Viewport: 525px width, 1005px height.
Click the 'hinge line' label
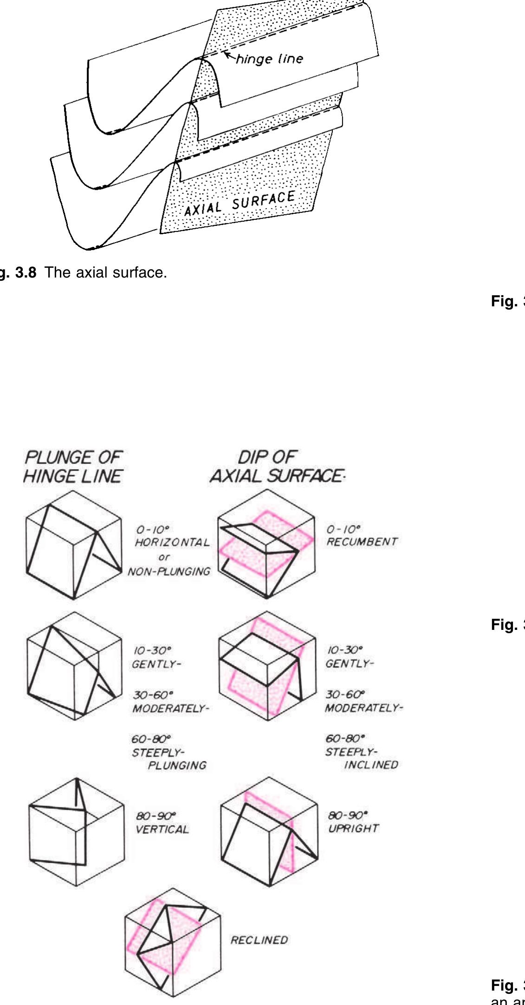270,59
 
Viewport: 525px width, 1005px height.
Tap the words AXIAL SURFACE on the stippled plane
240,203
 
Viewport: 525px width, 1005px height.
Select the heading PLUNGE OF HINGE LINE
73,466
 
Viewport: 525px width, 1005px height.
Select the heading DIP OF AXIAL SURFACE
276,466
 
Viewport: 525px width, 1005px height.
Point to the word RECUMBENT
362,542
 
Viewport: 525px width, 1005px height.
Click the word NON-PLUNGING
169,572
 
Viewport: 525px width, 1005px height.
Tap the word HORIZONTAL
172,542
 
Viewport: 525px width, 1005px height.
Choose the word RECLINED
259,940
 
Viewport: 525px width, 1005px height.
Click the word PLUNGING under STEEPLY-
177,765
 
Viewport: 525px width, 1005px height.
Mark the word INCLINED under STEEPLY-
371,765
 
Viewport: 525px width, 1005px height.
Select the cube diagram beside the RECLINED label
173,942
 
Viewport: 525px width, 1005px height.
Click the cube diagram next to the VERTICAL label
77,832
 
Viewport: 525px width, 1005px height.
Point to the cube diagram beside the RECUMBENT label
266,544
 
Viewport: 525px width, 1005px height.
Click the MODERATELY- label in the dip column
364,708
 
